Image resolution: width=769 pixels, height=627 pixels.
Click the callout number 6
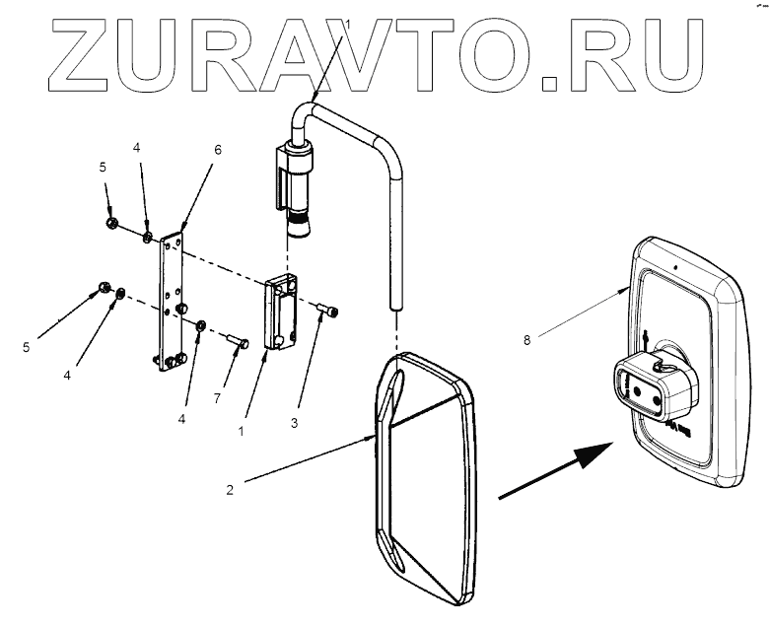pos(218,150)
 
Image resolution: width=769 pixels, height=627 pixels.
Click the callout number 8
pos(527,340)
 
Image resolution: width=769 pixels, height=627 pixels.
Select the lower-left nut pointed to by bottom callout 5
pos(103,289)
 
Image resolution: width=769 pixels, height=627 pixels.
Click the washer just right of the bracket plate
pos(201,325)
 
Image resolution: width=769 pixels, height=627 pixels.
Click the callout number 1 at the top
pos(347,22)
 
